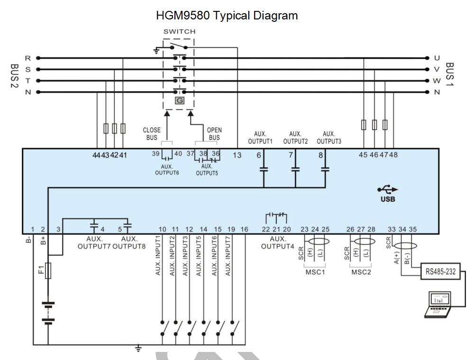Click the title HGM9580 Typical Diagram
click(x=227, y=16)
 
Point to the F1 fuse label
click(x=41, y=271)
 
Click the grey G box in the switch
click(x=179, y=100)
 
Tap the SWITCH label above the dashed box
click(x=179, y=32)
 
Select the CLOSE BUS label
click(x=152, y=134)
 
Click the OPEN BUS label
click(x=214, y=134)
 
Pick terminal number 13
click(x=237, y=155)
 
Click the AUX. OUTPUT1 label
click(x=261, y=137)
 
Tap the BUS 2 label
click(x=14, y=75)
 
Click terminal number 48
click(x=393, y=155)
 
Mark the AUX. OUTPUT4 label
click(x=278, y=243)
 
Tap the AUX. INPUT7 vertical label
click(x=231, y=256)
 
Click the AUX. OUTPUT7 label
click(x=94, y=243)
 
